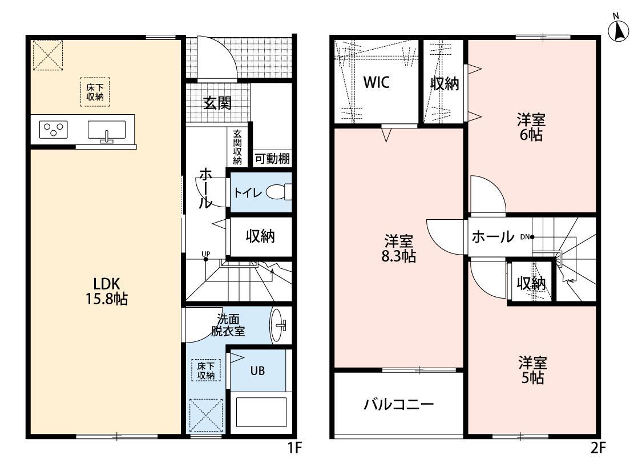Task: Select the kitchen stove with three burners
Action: (53, 130)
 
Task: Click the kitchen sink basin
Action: (107, 130)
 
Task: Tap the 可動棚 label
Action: (272, 159)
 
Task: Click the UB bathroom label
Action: (257, 370)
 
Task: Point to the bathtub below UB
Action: (261, 413)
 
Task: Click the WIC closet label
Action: (377, 83)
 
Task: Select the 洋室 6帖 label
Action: (531, 127)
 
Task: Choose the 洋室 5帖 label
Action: (532, 370)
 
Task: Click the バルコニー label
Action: (399, 405)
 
